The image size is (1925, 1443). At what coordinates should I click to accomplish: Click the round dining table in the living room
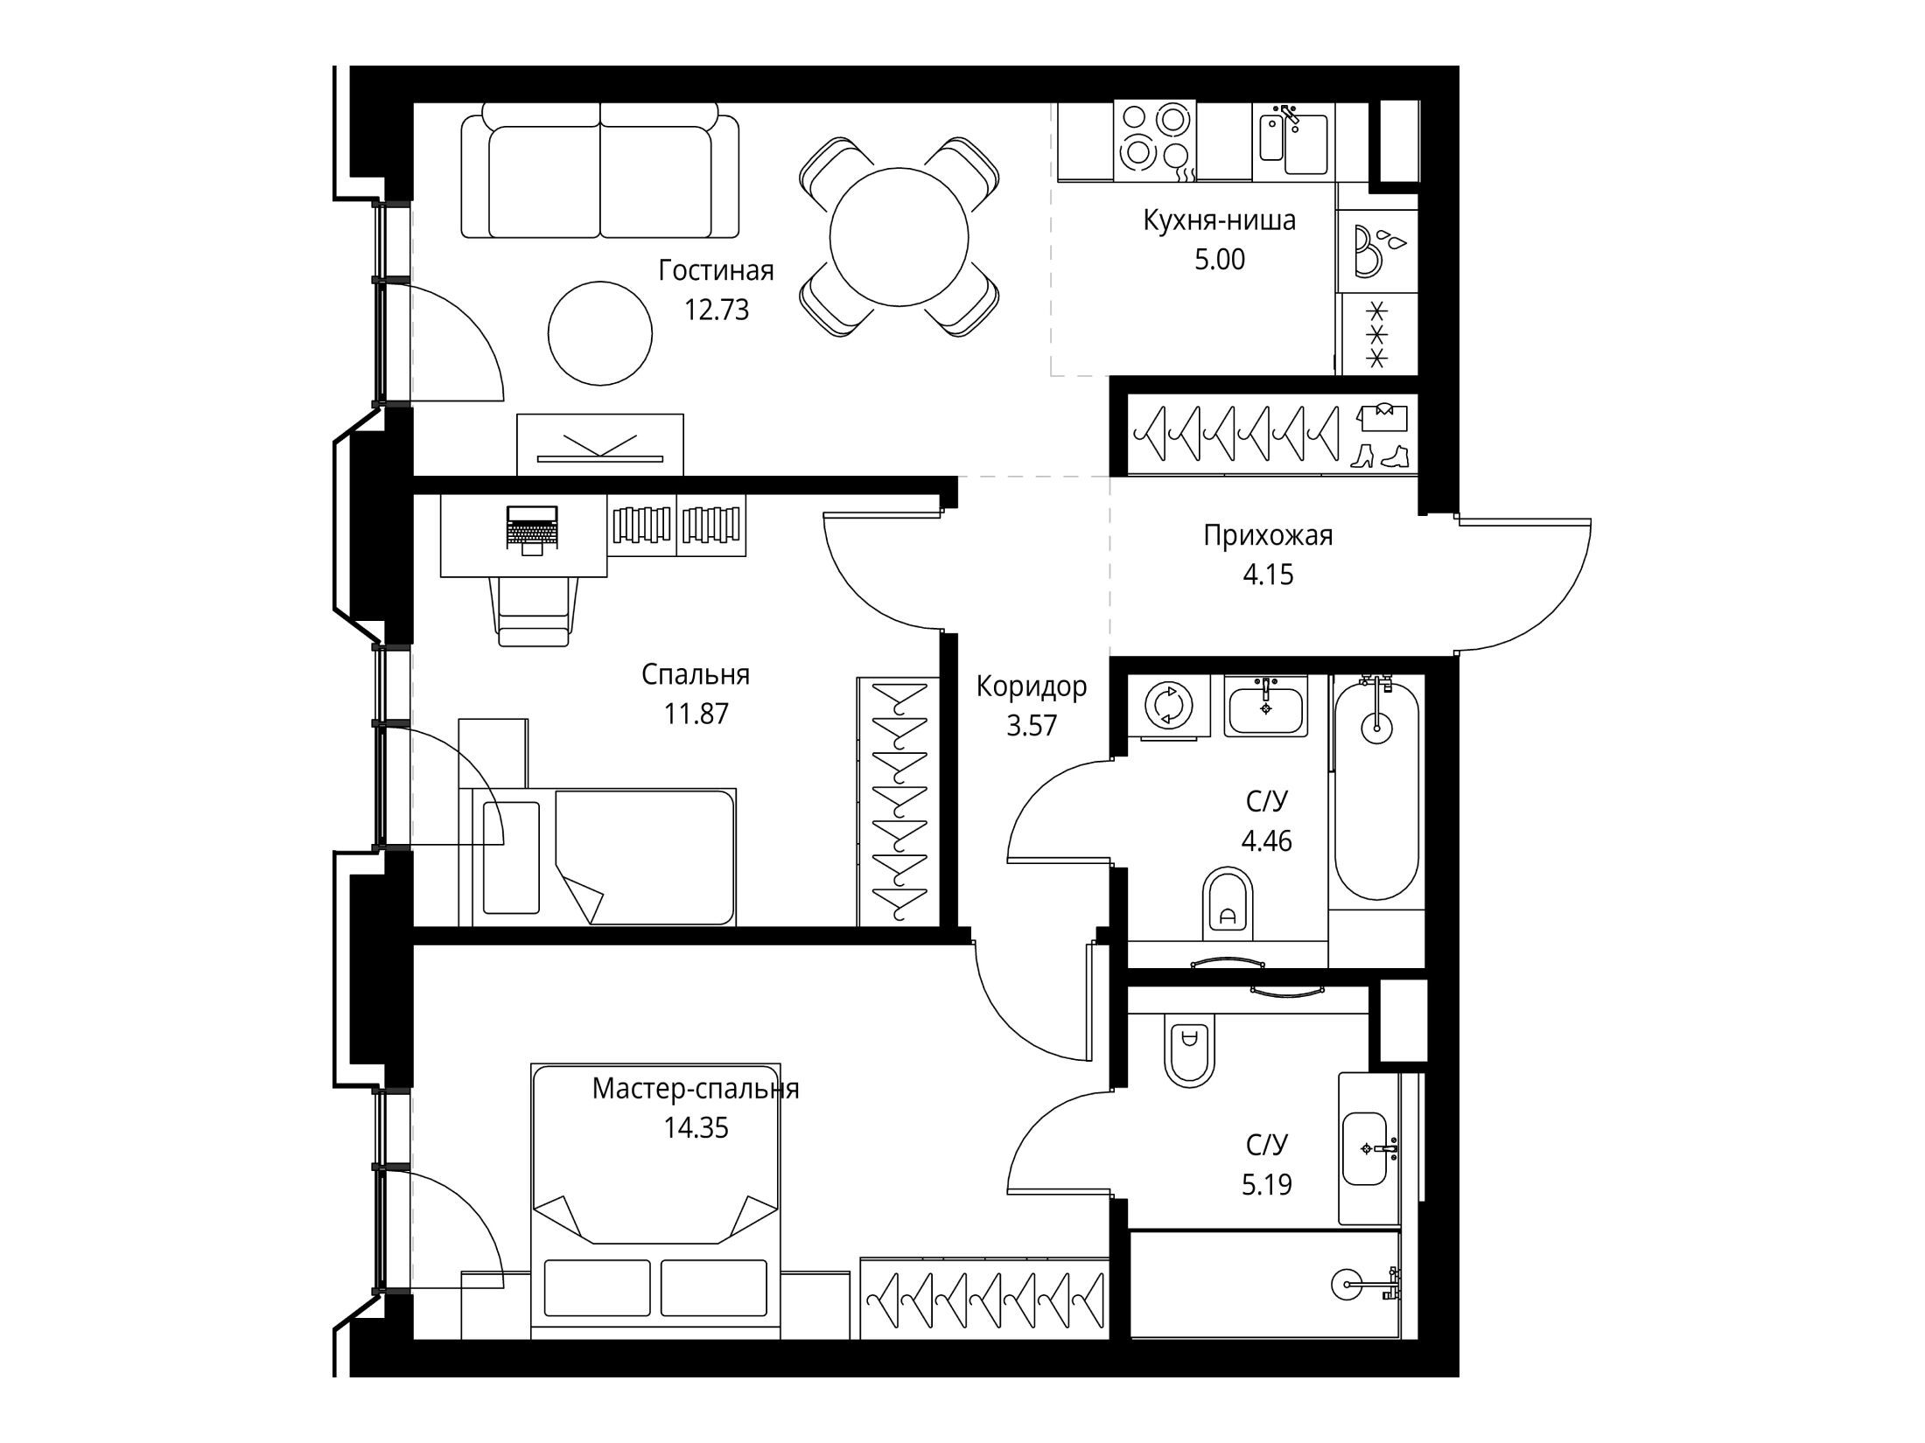point(899,237)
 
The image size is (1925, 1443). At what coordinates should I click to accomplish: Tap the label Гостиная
point(716,271)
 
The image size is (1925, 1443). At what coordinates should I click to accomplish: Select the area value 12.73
point(716,310)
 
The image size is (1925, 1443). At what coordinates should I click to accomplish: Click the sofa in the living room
point(600,170)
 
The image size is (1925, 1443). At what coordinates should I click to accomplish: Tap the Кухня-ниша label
point(1219,220)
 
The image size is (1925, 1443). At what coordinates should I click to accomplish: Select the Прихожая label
point(1268,535)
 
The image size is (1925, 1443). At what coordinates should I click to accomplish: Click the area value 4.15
point(1268,575)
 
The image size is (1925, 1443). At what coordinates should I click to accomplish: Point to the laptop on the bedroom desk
point(531,528)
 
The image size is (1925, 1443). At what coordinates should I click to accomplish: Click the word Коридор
point(1032,687)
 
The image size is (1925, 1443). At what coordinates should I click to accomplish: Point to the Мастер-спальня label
point(696,1089)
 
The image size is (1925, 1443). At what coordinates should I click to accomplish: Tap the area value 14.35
point(696,1128)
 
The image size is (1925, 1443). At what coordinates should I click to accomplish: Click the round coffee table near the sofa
point(600,332)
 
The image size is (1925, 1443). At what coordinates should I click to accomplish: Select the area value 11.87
point(696,715)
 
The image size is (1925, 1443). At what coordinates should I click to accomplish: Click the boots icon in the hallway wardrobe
point(1380,456)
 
